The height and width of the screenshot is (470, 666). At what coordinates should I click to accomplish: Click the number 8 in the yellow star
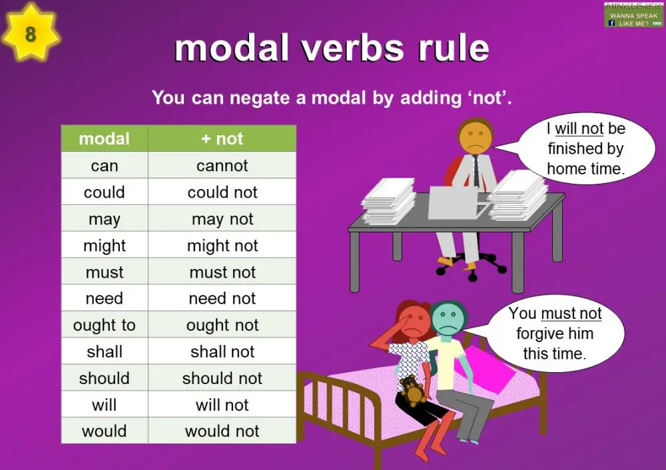point(30,33)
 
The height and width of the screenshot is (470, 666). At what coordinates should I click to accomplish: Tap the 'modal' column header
point(105,138)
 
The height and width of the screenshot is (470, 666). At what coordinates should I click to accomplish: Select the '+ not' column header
point(222,138)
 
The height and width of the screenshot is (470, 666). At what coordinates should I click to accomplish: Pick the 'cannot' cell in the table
point(222,166)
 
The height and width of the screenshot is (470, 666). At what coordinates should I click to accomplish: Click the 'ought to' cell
point(105,325)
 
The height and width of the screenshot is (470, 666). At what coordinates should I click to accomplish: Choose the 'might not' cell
point(222,246)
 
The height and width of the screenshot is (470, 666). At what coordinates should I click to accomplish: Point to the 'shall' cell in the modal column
point(105,352)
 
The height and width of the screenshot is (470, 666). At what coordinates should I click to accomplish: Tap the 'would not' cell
point(222,431)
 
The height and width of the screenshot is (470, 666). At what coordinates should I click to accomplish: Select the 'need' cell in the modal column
point(105,298)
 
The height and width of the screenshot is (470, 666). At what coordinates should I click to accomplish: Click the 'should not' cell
point(222,378)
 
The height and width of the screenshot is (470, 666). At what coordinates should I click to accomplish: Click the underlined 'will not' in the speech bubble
point(579,128)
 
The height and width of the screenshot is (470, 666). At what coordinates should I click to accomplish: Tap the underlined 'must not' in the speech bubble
point(571,314)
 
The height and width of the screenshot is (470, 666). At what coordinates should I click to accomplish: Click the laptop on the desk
point(453,202)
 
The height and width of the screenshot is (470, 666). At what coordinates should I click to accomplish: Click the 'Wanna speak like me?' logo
point(633,15)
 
